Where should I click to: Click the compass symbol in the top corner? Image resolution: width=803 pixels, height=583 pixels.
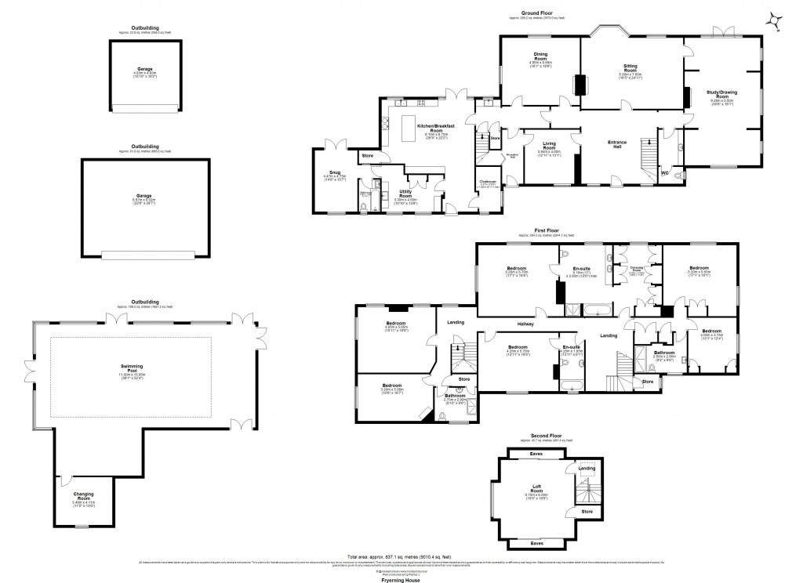(x=775, y=21)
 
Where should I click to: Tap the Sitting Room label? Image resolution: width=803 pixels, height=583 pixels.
(x=632, y=69)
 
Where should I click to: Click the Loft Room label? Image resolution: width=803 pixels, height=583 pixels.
(x=536, y=491)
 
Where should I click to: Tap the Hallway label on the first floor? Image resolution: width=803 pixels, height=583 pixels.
(x=525, y=324)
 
